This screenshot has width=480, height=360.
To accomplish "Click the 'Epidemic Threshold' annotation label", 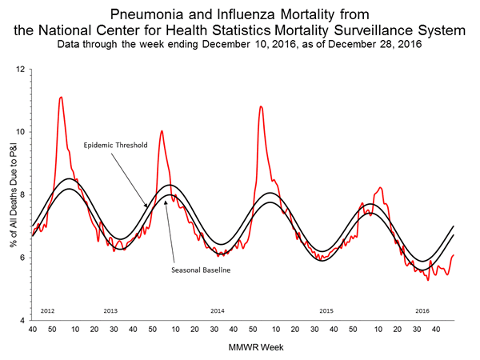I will coord(115,146).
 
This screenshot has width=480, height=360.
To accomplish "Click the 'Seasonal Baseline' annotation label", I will coord(202,270).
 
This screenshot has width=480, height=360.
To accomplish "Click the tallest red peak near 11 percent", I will coord(61,98).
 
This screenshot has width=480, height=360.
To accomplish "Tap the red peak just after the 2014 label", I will coord(260,106).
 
